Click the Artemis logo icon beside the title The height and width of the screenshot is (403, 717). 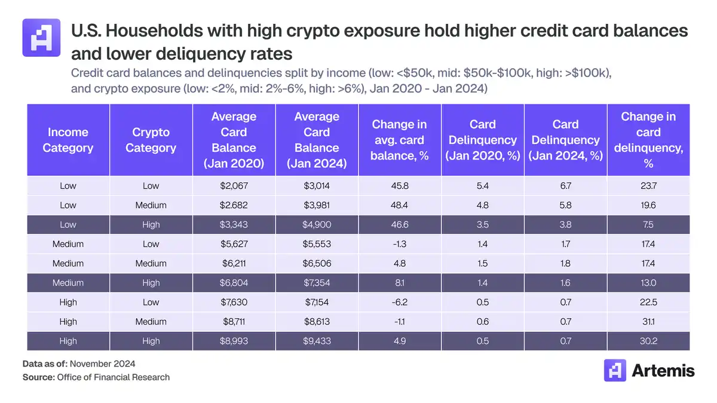click(x=41, y=37)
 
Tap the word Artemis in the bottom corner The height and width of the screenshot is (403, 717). click(x=663, y=371)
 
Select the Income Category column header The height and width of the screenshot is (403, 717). click(x=68, y=140)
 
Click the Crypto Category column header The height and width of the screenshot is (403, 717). click(x=151, y=140)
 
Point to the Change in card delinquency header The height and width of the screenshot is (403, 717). click(x=648, y=140)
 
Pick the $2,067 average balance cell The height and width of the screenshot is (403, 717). click(x=234, y=186)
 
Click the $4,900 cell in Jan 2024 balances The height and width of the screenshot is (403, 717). click(x=317, y=224)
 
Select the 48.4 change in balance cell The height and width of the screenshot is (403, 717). click(x=400, y=205)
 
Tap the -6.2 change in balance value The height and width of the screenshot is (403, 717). click(x=400, y=302)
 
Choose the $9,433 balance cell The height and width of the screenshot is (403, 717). click(x=317, y=341)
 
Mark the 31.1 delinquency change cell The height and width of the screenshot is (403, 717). click(x=648, y=322)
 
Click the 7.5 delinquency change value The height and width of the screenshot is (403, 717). click(x=648, y=224)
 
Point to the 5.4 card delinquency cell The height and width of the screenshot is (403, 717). click(x=482, y=186)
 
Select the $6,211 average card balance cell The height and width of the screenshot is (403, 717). click(x=234, y=263)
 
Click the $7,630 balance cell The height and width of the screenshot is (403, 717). click(x=234, y=302)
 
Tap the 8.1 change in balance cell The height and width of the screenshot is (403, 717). click(x=400, y=283)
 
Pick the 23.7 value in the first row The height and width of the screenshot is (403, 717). click(x=648, y=186)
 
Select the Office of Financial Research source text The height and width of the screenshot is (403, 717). click(x=113, y=377)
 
